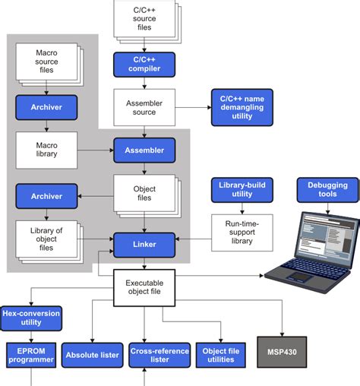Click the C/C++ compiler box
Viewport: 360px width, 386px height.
[x=144, y=65]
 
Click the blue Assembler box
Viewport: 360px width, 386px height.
[x=144, y=150]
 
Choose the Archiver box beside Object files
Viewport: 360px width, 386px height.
[x=47, y=196]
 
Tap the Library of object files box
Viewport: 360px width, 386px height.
[x=47, y=238]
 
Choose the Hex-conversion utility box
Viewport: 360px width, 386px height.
[x=31, y=318]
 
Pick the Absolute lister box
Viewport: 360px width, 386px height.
[x=90, y=354]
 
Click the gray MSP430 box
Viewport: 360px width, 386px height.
[x=282, y=353]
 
